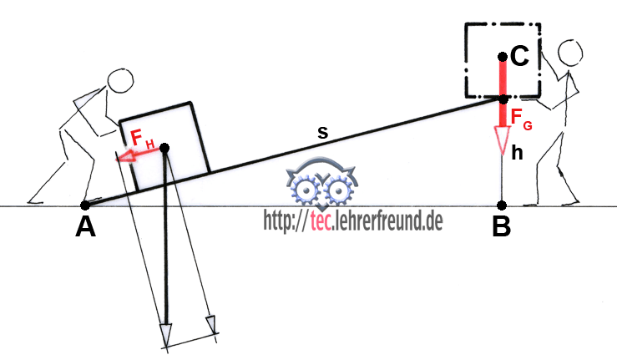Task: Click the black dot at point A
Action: click(84, 205)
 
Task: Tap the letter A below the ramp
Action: click(85, 227)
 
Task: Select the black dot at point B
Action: click(501, 205)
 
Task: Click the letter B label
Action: click(501, 226)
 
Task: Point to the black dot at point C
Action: click(503, 57)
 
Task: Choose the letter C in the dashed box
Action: click(519, 56)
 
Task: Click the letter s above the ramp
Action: click(322, 133)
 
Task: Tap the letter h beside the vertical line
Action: click(517, 152)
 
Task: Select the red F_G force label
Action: click(521, 118)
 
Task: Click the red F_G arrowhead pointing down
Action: click(502, 139)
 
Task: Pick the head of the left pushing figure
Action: click(120, 81)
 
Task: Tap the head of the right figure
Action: click(570, 51)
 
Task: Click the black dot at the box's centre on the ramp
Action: click(164, 148)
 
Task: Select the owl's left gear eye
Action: click(305, 190)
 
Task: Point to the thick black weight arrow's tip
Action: click(166, 347)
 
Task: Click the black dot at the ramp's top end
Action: click(503, 99)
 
